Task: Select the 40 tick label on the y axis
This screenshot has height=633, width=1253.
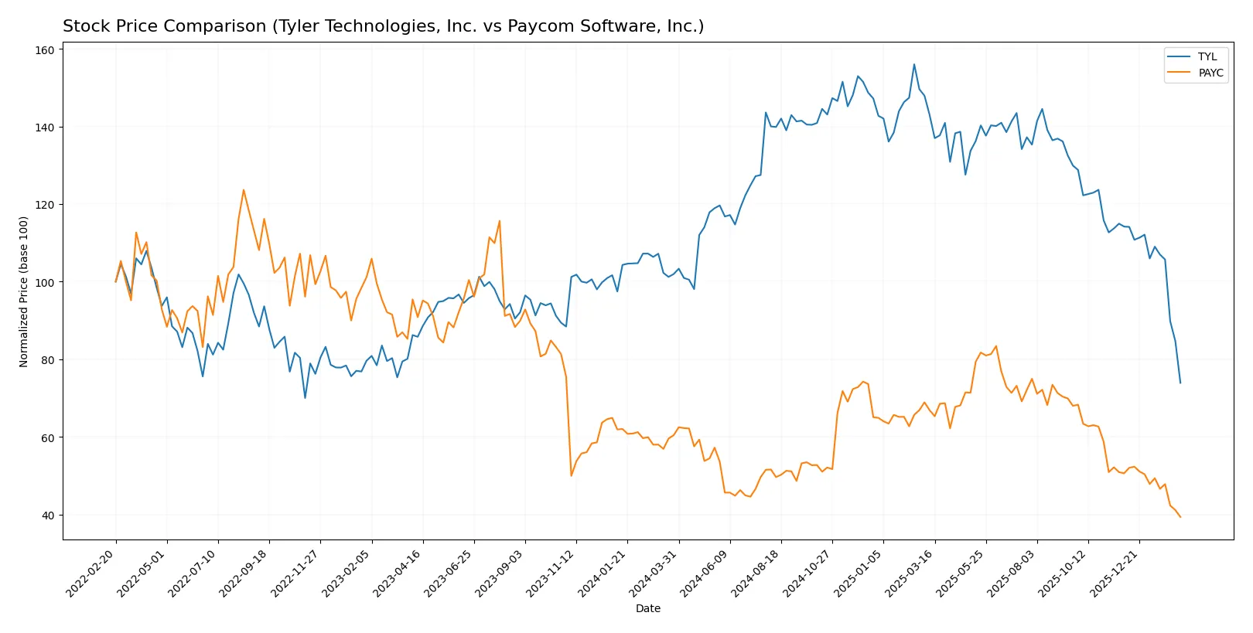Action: (47, 516)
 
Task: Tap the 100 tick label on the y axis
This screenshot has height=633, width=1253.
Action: (45, 283)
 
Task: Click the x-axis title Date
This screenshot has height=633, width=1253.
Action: (647, 608)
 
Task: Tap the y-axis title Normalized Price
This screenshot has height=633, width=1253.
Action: (24, 291)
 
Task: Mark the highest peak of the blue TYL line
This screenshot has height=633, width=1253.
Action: (913, 64)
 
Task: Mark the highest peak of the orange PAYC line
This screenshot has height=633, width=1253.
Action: (244, 189)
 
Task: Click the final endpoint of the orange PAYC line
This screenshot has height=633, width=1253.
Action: (1180, 517)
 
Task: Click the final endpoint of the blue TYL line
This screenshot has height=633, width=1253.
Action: (1180, 383)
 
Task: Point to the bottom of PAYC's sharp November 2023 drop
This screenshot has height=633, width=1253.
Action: (571, 475)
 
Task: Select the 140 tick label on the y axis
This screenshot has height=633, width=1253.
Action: (45, 128)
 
